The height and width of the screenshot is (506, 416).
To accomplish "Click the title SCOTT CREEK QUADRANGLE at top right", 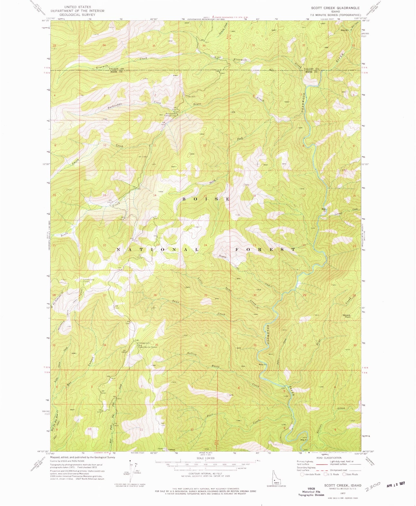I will click(335, 8).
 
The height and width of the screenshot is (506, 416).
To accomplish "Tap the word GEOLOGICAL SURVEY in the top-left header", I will click(77, 14).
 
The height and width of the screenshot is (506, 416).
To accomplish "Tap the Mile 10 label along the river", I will click(262, 365).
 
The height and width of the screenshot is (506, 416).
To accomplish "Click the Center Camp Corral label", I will click(87, 280).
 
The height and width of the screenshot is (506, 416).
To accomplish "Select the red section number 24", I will click(205, 245).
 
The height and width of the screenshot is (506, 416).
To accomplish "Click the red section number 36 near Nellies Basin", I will click(206, 345).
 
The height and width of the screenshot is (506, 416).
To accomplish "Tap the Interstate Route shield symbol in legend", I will click(302, 474).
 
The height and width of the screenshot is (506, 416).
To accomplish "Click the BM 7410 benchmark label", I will click(117, 306).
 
